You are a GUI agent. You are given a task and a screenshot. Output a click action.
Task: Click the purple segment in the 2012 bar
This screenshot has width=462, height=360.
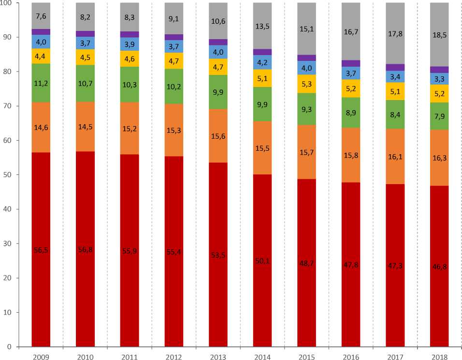[x=173, y=37]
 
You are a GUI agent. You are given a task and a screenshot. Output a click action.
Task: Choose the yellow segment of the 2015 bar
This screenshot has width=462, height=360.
[x=306, y=84]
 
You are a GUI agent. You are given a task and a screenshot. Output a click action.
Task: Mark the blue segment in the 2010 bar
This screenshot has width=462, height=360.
[x=85, y=43]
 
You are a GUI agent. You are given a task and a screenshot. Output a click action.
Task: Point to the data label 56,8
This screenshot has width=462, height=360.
[x=85, y=249]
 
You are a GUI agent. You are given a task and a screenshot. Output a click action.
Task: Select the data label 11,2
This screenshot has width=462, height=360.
[x=41, y=83]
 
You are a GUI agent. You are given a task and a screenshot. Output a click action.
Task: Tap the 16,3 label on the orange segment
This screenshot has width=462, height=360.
[x=439, y=158]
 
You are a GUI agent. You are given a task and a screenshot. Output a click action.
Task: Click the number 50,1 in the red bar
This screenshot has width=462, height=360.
[x=262, y=261]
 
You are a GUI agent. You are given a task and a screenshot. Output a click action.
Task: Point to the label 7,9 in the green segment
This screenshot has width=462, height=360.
[x=439, y=116]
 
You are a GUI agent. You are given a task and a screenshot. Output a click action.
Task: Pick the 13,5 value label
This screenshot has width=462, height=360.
[x=262, y=27]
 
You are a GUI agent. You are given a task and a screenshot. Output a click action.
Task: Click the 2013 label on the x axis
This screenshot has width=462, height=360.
[x=218, y=357]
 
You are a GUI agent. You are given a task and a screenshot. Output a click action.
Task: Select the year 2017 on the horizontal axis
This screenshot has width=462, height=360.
[x=395, y=357]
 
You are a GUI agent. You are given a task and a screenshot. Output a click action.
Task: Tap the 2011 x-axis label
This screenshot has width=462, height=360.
[x=129, y=357]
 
